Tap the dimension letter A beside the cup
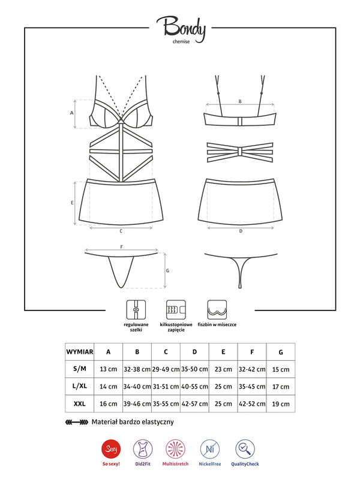[x=72, y=112]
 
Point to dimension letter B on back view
[x=240, y=102]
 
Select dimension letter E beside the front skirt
[x=72, y=203]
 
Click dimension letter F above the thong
[x=121, y=246]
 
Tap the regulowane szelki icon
[x=136, y=310]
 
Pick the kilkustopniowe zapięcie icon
[x=175, y=310]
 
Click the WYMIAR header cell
[x=79, y=352]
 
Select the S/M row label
[x=79, y=369]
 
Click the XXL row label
[x=79, y=403]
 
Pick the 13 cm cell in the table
[x=108, y=369]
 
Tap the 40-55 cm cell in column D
[x=195, y=387]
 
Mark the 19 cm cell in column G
[x=281, y=403]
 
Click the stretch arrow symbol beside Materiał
[x=76, y=422]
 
